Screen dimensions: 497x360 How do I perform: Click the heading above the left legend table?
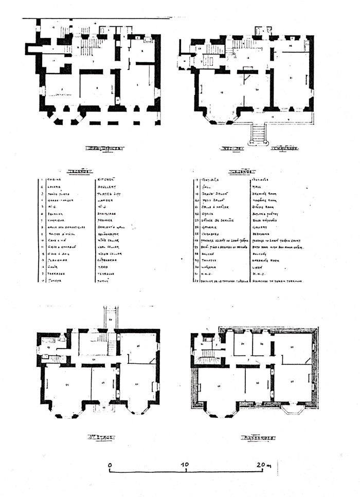(78, 171)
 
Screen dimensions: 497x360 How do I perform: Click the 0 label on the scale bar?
(110, 465)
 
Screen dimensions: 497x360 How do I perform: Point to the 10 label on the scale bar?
(185, 465)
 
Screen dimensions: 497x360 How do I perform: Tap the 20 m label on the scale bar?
(263, 465)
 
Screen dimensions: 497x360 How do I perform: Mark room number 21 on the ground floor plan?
(291, 78)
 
